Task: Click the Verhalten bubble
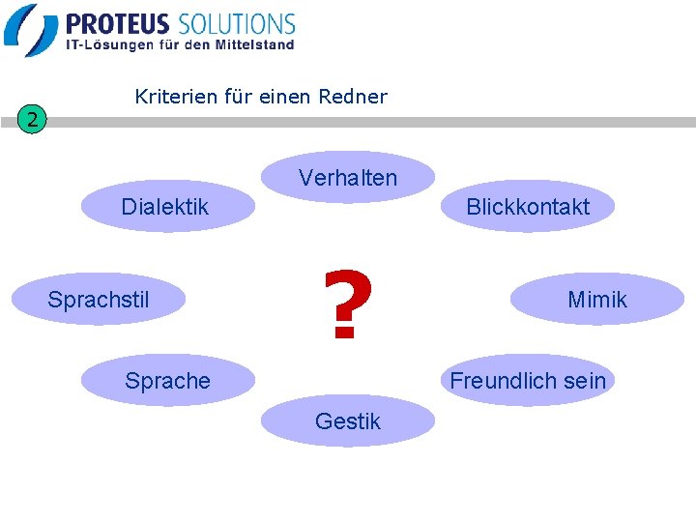348,178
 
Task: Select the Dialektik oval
165,207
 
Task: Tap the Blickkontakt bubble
527,207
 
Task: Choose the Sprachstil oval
99,300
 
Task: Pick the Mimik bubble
597,300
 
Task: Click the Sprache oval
167,381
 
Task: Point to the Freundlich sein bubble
527,381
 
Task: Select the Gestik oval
348,421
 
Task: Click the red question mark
348,305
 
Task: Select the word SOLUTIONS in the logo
236,24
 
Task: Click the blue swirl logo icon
31,29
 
